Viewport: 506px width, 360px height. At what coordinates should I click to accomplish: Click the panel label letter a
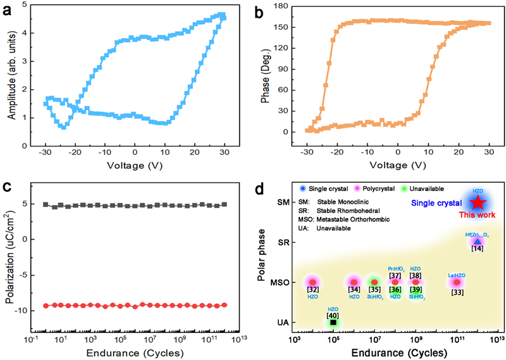click(x=8, y=9)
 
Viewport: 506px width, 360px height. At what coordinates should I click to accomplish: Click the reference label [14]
click(x=478, y=249)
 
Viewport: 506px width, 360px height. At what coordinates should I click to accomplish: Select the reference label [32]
click(x=312, y=289)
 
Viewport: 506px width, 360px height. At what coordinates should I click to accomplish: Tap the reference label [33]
click(x=456, y=292)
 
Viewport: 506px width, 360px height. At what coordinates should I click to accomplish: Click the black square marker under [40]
click(x=333, y=323)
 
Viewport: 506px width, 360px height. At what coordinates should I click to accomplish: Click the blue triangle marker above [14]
click(x=478, y=240)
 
